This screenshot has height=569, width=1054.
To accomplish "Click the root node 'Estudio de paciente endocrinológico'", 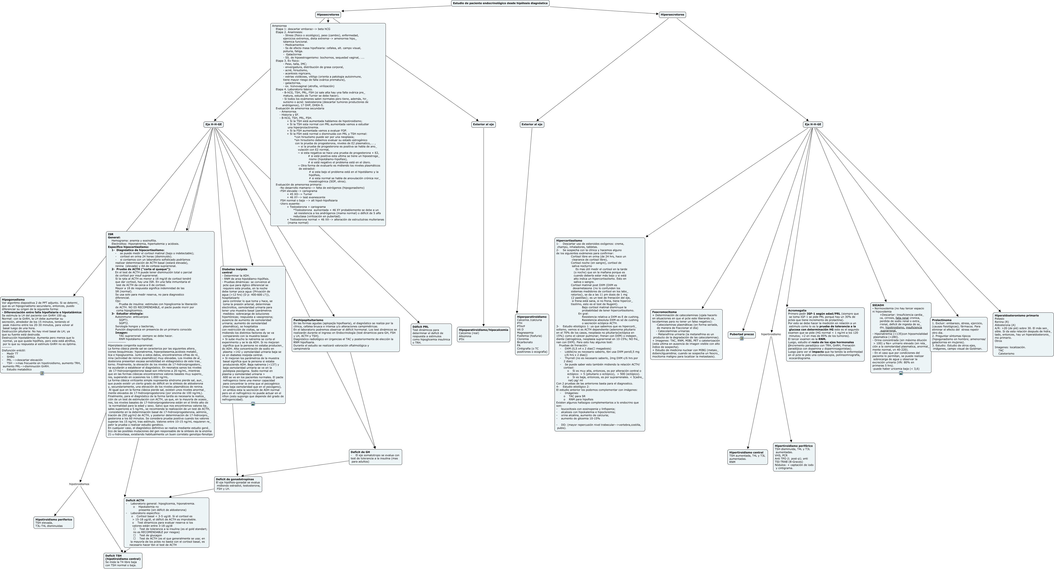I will coord(500,3).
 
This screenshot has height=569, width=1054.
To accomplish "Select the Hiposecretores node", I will coord(328,15).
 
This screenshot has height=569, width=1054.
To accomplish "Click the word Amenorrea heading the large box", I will coord(280,26).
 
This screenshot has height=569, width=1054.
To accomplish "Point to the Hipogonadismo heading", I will coord(13,300).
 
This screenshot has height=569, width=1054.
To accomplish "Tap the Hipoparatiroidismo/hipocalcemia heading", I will coord(483,329).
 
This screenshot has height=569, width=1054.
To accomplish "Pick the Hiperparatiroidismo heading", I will coord(531,317).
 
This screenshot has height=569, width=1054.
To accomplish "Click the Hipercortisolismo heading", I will coord(569,241).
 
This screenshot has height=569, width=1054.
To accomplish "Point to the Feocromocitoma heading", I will coord(664,312).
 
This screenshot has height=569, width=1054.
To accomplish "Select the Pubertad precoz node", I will coord(741,334).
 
